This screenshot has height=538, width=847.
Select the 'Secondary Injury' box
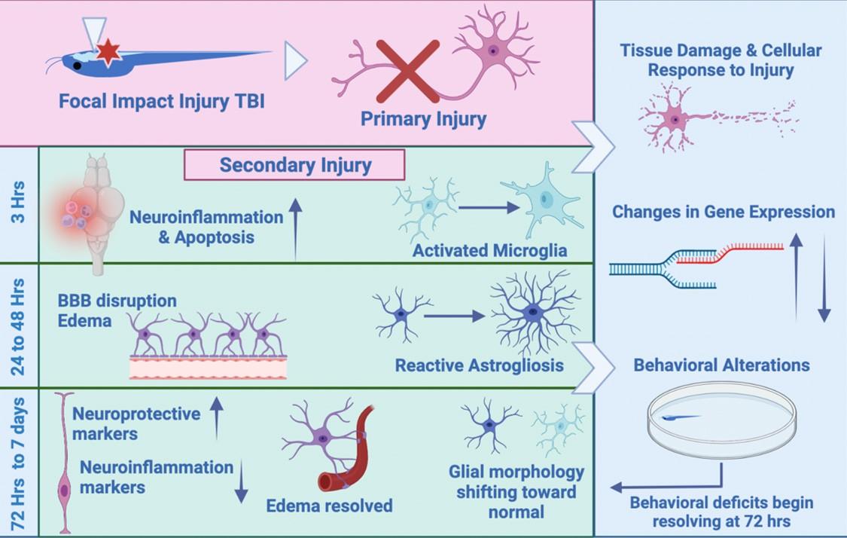[x=295, y=164]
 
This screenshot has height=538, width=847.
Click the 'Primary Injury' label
[x=423, y=118]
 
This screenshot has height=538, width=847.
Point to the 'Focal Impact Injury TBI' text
[x=162, y=100]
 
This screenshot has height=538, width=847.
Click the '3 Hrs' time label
[x=19, y=203]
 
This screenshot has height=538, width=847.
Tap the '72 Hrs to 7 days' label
[x=19, y=460]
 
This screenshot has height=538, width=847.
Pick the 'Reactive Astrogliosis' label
[x=479, y=366]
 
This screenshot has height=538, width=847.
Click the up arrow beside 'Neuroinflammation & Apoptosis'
[x=295, y=227]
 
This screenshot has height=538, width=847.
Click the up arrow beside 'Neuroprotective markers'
[x=217, y=417]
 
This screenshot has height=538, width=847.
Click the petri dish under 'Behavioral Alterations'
[x=721, y=418]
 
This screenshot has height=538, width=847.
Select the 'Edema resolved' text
[x=329, y=506]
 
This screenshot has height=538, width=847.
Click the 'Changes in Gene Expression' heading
[x=723, y=212]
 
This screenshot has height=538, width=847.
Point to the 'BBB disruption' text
[x=117, y=301]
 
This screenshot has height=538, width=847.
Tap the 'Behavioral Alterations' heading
[x=721, y=365]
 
